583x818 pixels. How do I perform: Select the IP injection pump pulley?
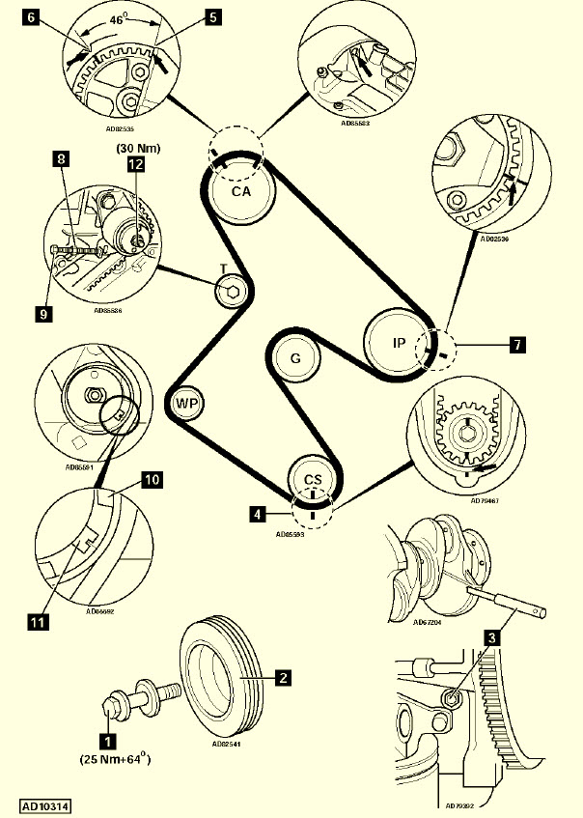(399, 342)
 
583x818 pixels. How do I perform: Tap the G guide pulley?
(295, 361)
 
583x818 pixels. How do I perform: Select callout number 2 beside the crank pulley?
(283, 678)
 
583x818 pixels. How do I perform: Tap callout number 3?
(492, 636)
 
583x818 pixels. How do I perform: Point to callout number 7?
(518, 342)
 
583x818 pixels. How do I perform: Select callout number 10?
(153, 478)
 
